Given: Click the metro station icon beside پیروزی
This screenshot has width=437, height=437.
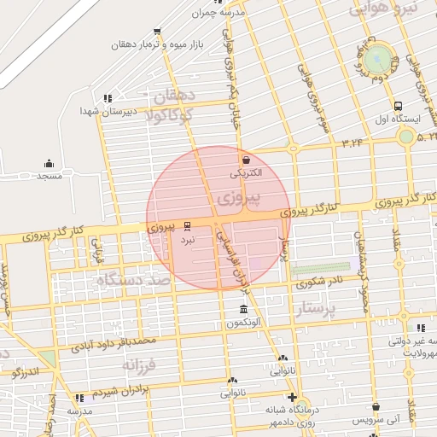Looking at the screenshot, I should [188, 226].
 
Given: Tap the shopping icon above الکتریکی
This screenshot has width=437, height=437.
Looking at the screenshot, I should [247, 159].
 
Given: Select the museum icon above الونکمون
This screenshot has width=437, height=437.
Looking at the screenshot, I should [244, 309].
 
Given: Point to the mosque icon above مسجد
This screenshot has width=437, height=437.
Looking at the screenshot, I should [48, 163].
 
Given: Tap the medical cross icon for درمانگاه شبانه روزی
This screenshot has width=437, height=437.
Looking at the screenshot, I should [293, 398].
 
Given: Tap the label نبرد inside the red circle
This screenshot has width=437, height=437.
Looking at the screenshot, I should [187, 241].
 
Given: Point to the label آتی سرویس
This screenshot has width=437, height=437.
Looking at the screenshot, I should [382, 420].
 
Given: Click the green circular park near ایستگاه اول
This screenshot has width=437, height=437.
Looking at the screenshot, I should [376, 59].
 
